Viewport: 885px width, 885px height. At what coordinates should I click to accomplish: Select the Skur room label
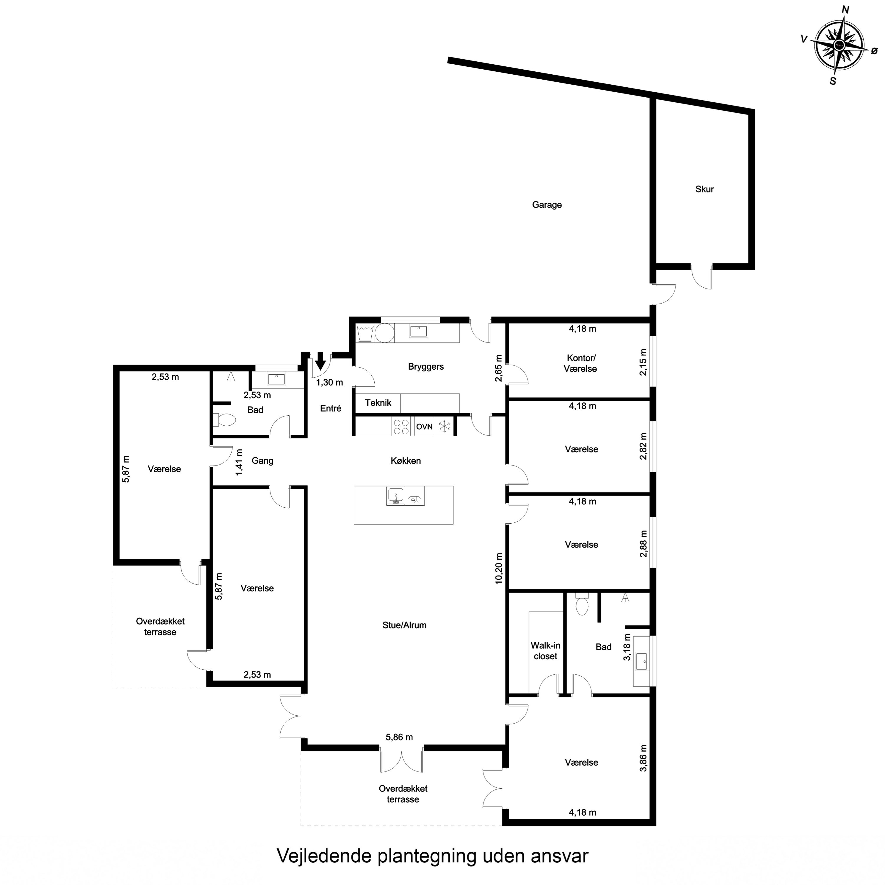tap(704, 189)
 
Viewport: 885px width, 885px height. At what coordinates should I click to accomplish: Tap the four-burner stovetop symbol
tap(401, 427)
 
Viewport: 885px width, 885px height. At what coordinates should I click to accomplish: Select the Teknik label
tap(378, 403)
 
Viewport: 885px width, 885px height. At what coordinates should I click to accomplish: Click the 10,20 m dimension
tap(499, 568)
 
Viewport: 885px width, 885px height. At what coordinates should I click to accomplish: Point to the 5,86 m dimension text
tap(399, 737)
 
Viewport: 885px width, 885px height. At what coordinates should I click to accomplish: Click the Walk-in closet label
tap(545, 650)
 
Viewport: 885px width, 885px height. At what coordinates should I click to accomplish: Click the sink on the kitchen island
tap(395, 496)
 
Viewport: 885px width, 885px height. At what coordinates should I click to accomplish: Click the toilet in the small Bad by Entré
tap(224, 419)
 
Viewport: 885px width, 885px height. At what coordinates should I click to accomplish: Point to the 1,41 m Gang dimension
tap(239, 462)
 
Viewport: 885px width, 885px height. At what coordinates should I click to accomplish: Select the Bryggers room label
tap(426, 366)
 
